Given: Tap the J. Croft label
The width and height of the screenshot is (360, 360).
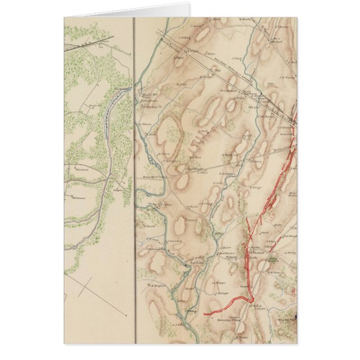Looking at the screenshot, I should [x=237, y=58].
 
